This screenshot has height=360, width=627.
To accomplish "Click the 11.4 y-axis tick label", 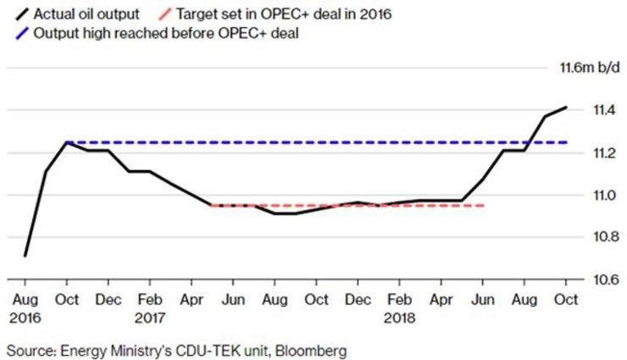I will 584,110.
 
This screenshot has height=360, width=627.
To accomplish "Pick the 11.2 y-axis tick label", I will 584,152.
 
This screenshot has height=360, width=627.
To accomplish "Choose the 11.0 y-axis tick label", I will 584,195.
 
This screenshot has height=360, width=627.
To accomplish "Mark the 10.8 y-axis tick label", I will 584,237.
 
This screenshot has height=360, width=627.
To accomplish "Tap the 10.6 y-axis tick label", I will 584,280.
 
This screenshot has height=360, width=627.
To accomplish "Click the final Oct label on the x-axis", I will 566,299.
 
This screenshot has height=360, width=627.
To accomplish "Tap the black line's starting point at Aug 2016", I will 25,255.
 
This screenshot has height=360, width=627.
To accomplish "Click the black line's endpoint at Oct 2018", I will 566,108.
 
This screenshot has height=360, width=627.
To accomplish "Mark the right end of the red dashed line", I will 485,205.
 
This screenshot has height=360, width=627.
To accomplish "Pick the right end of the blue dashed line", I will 566,142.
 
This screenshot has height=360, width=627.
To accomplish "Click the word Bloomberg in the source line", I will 310,349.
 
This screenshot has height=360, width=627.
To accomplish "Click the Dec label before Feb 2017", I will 108,299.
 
